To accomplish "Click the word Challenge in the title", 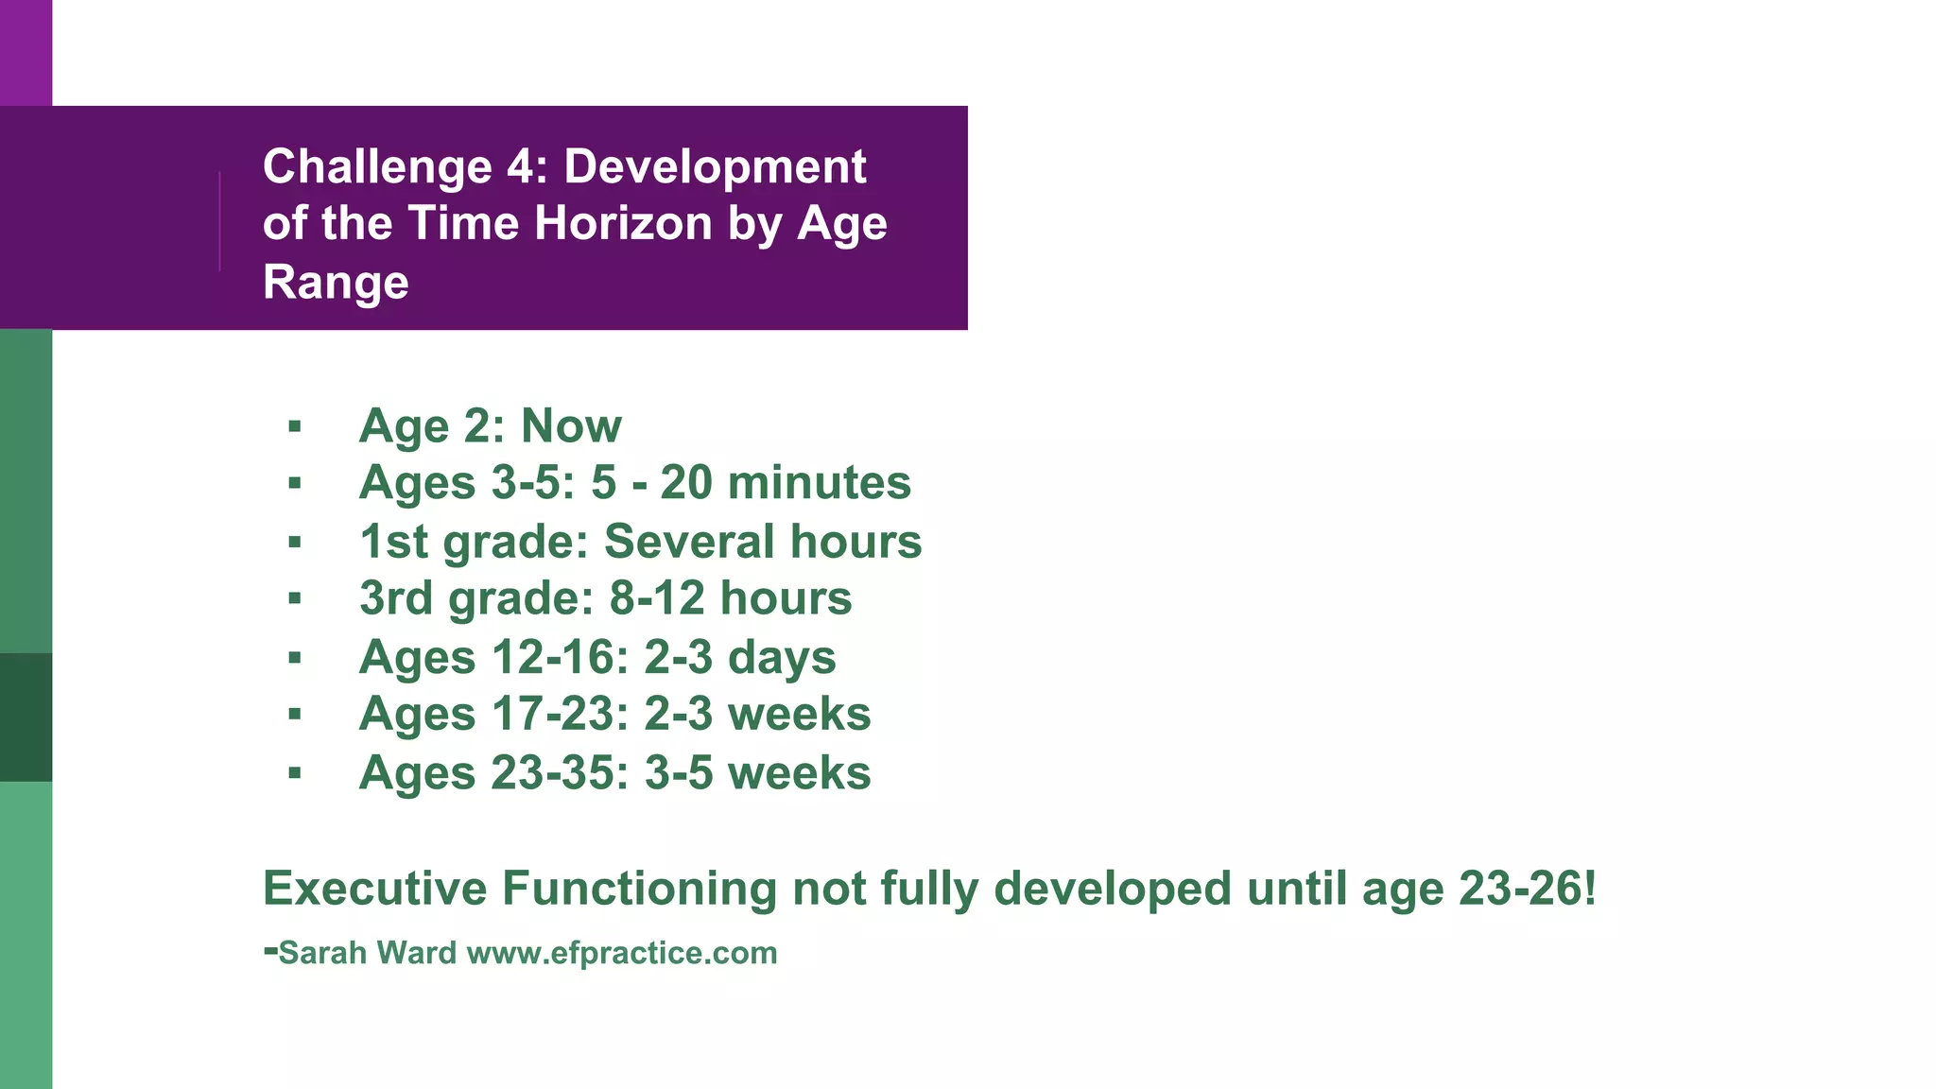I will [x=377, y=167].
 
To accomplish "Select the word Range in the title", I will [x=336, y=283].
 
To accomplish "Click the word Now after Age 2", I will [x=571, y=425].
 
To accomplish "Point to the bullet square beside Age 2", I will [x=295, y=427].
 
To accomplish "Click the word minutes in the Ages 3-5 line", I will [x=819, y=483].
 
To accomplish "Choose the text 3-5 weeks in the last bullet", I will [x=757, y=772].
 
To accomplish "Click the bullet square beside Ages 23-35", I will [x=295, y=773].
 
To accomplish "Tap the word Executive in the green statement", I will [x=374, y=889].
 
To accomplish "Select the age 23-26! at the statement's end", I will [x=1527, y=889].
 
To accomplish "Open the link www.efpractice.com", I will [x=622, y=953].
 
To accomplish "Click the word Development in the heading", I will [x=715, y=167].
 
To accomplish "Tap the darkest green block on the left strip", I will [x=26, y=717].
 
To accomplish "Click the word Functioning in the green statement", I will [x=639, y=889].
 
